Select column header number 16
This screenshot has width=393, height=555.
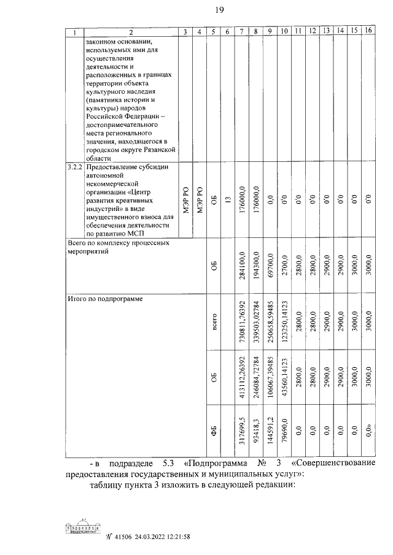(368, 31)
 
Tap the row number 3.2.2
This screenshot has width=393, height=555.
(75, 167)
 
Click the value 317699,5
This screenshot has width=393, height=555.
(243, 432)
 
